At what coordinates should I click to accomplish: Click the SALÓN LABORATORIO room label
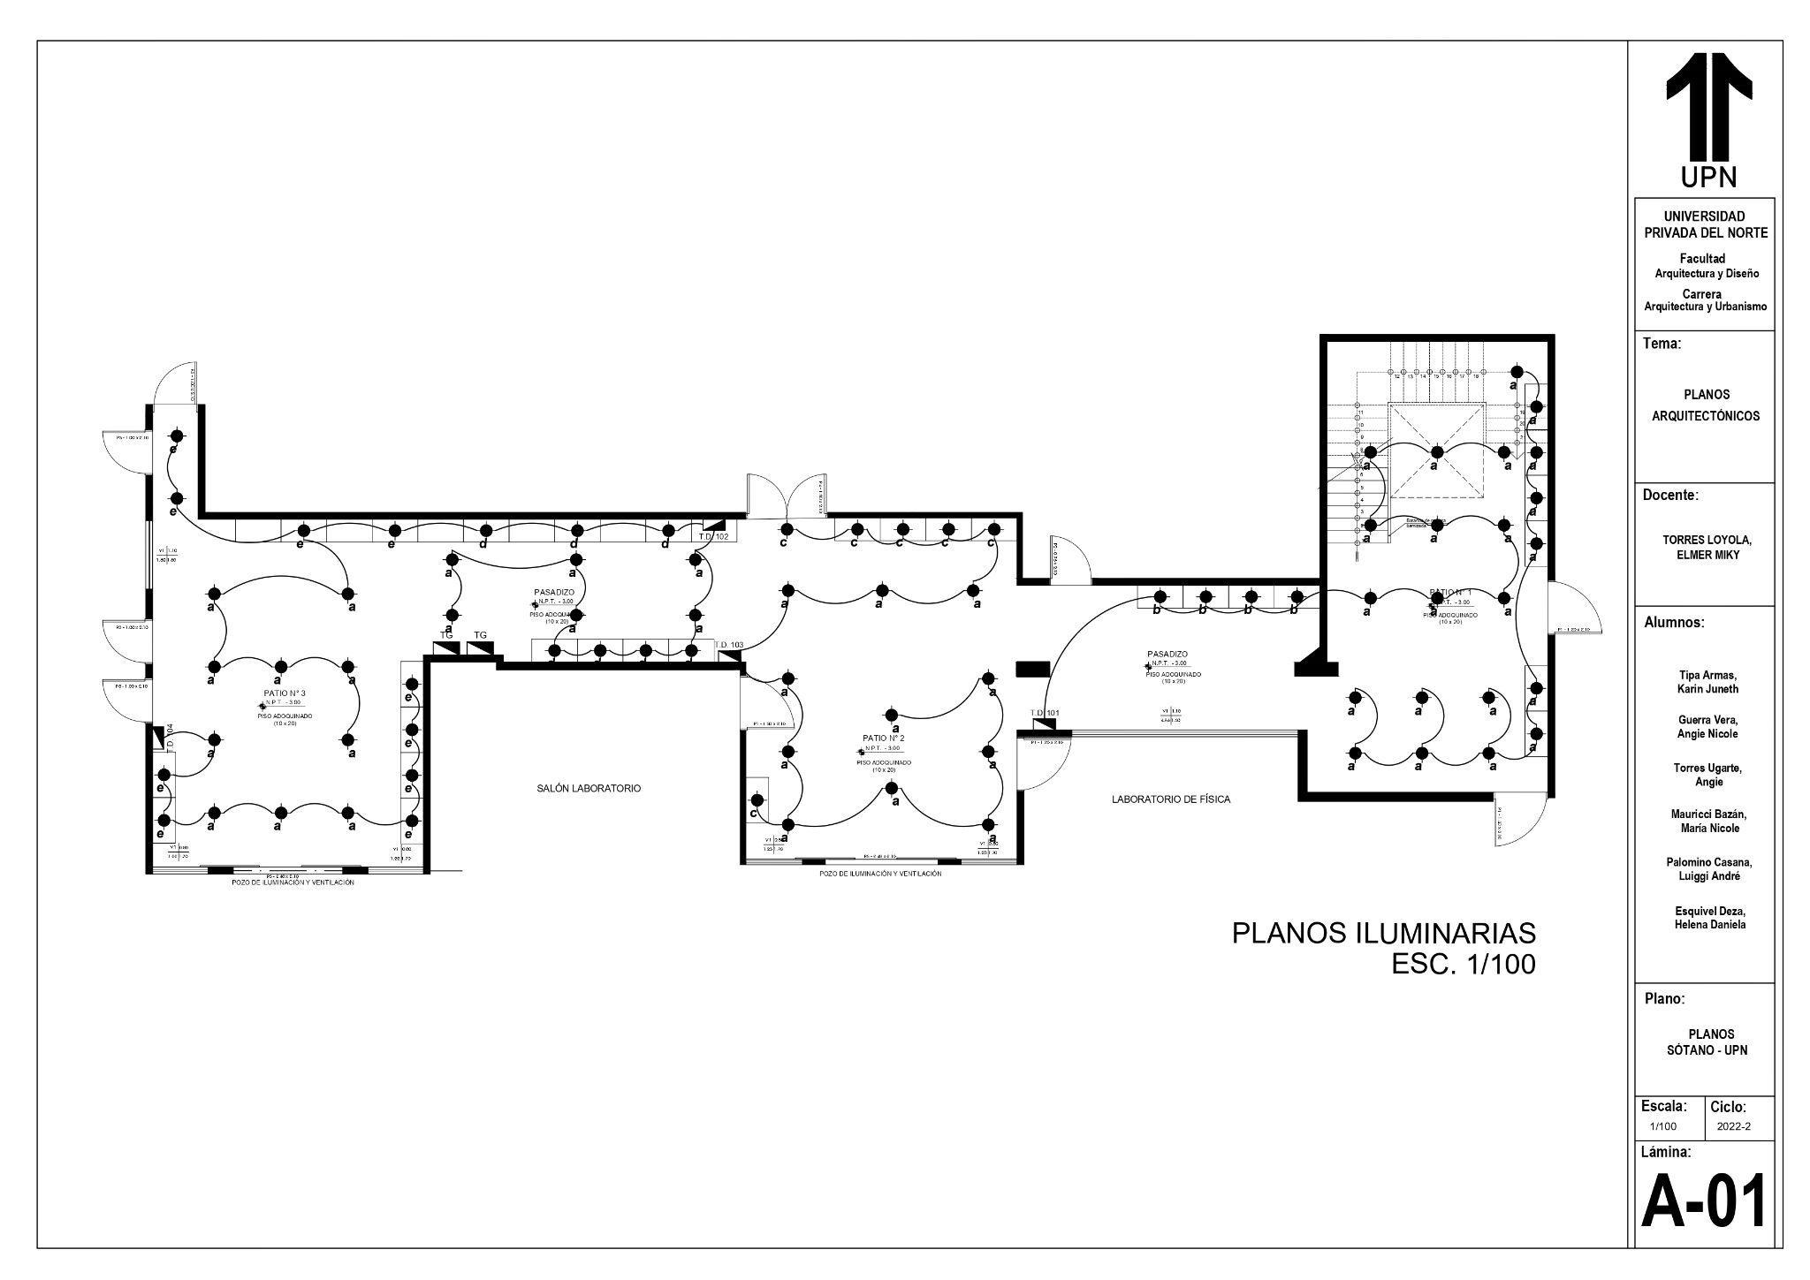(589, 788)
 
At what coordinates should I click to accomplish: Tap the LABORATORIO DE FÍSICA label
(1170, 799)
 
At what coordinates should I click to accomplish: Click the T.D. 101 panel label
(1045, 712)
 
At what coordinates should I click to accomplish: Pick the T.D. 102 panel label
(713, 536)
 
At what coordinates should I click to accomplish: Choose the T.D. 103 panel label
(729, 645)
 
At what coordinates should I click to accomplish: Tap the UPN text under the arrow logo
(1708, 178)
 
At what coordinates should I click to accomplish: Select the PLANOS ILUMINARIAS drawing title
(1383, 933)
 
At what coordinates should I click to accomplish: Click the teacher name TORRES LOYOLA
(1707, 540)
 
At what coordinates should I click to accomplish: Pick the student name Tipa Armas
(1707, 675)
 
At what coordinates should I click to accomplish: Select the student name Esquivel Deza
(1707, 911)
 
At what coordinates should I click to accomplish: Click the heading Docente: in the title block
(1669, 496)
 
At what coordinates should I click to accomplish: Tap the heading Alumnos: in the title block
(1674, 622)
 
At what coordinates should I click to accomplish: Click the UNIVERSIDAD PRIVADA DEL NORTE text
(1705, 224)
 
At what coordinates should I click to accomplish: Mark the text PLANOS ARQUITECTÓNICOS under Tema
(1705, 405)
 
